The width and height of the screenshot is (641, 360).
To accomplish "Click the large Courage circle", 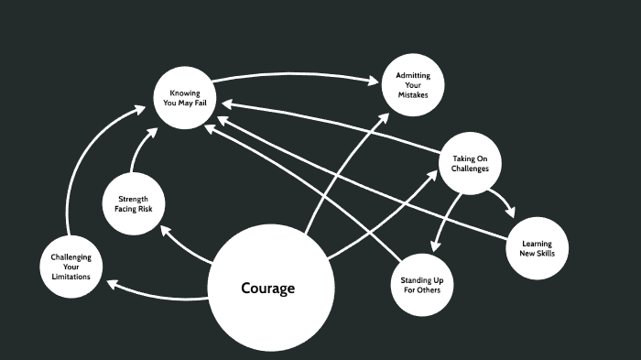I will coord(267,289).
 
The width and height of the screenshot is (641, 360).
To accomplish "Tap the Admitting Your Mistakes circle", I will coord(412,85).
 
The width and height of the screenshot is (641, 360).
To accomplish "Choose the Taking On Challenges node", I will coord(471,163).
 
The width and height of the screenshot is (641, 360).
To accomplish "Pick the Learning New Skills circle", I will coord(537,248).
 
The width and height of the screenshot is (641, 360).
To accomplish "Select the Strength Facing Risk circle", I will coord(135,204).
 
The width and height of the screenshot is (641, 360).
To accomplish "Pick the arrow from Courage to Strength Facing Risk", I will coord(183,245).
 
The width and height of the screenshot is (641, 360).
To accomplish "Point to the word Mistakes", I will coord(412,95).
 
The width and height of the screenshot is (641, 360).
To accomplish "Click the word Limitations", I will coord(71,278).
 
